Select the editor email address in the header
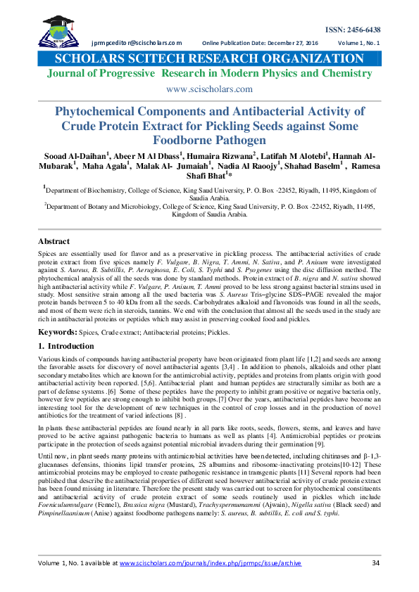tap(137, 43)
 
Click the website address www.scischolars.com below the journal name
tap(209, 89)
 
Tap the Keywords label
tap(57, 330)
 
